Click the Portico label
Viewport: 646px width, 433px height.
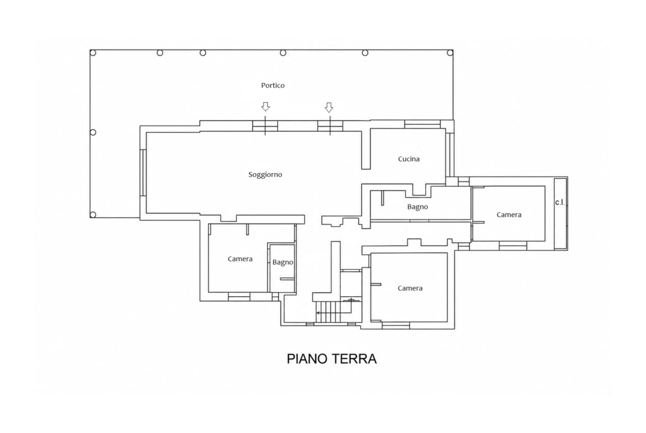coord(273,85)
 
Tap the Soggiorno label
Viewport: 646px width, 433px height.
coord(266,174)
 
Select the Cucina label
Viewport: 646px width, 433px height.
coord(409,159)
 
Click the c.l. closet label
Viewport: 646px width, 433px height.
coord(560,202)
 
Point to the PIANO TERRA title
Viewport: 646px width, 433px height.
coord(332,359)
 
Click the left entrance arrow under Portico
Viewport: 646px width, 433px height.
coord(266,107)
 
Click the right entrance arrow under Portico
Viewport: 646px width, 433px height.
coord(329,108)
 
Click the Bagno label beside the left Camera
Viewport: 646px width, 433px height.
coord(283,262)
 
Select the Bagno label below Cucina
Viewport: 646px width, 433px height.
coord(418,207)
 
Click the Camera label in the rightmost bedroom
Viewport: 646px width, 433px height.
coord(509,215)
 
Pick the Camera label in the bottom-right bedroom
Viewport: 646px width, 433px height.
coord(410,288)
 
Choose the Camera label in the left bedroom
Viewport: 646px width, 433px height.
coord(240,259)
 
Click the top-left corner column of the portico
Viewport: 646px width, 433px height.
coord(93,53)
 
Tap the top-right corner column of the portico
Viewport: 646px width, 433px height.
coord(451,53)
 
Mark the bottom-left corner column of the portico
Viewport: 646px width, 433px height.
coord(93,215)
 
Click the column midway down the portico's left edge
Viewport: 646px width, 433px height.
coord(93,132)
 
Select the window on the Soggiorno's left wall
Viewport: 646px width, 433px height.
coord(143,173)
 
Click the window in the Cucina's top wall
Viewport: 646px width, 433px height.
coord(422,124)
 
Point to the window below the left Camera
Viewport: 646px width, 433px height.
coord(240,296)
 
